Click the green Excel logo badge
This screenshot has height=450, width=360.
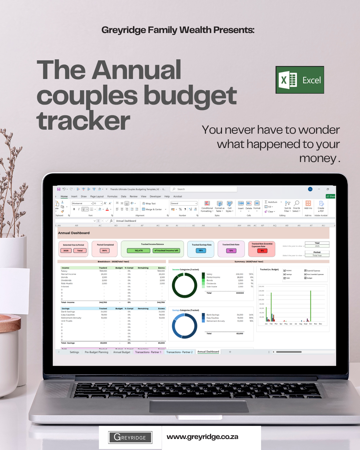[x=300, y=80]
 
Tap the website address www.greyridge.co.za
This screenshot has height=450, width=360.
[x=202, y=437]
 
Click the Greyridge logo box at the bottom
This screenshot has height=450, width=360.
[x=130, y=437]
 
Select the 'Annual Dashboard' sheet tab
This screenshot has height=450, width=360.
[x=208, y=352]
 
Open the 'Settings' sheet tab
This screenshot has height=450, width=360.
[x=74, y=352]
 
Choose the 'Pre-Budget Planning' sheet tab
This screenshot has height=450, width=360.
[x=96, y=352]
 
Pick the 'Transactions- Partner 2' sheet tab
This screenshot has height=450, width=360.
[x=179, y=352]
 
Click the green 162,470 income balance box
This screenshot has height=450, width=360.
[x=139, y=250]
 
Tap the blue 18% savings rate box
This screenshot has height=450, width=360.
[x=201, y=250]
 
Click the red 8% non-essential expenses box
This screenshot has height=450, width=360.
[x=262, y=251]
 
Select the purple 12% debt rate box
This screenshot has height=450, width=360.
[x=231, y=251]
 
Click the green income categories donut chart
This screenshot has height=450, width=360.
[x=184, y=285]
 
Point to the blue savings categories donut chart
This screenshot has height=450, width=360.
[x=184, y=326]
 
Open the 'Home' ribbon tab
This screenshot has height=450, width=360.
[x=64, y=196]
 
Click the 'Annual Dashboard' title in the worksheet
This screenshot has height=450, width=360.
[x=74, y=233]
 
